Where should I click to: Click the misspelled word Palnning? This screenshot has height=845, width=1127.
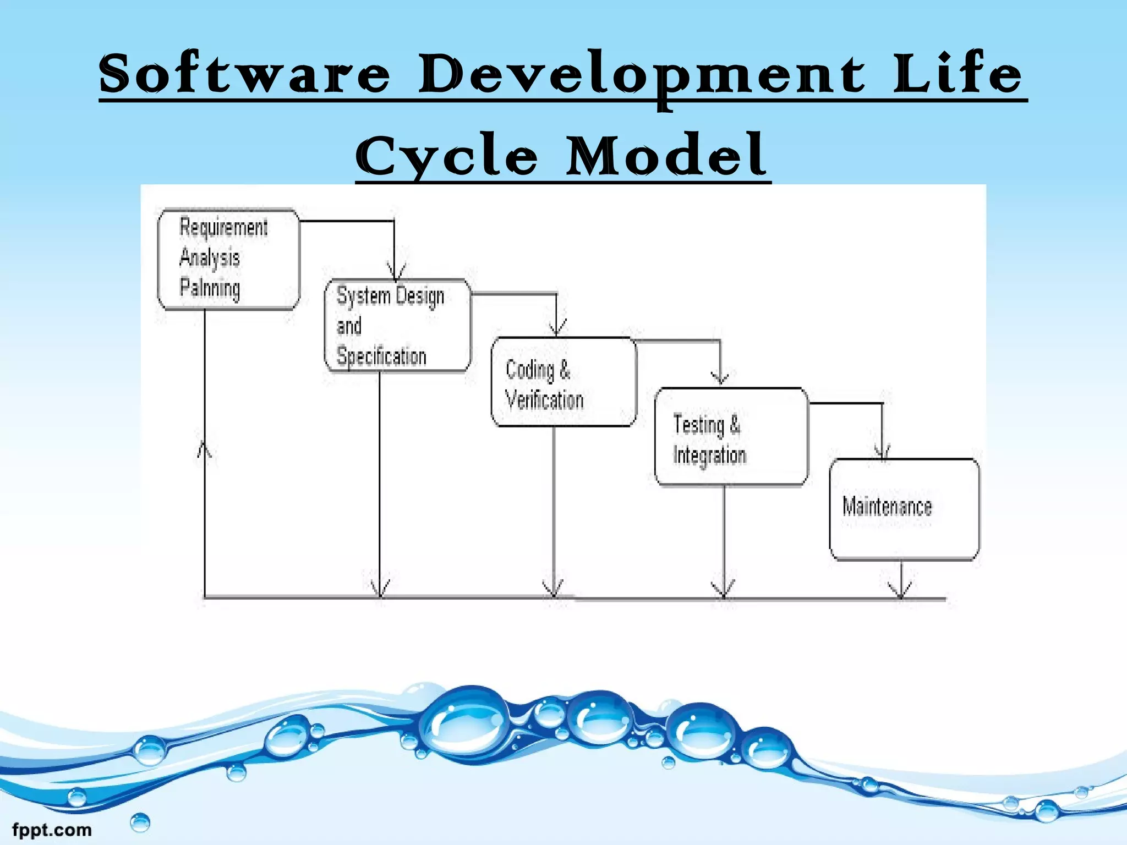(210, 288)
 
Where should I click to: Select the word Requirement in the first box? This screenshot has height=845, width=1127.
(223, 227)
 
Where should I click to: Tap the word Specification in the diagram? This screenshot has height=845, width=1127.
(381, 356)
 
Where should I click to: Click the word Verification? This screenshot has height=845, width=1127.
(544, 400)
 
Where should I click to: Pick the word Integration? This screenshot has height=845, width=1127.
(709, 456)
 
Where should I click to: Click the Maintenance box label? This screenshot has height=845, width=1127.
(887, 506)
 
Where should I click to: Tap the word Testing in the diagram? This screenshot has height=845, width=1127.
(698, 425)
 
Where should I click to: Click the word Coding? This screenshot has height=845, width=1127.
(529, 370)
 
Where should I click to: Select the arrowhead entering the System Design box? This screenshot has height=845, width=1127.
(395, 272)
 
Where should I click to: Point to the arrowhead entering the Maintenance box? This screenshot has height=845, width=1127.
(883, 451)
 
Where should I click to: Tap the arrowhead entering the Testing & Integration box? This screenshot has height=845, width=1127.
(720, 377)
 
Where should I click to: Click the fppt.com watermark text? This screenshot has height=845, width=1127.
(52, 830)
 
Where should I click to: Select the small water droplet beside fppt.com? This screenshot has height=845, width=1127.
(140, 822)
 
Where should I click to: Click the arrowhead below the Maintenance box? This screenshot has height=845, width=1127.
(901, 591)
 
